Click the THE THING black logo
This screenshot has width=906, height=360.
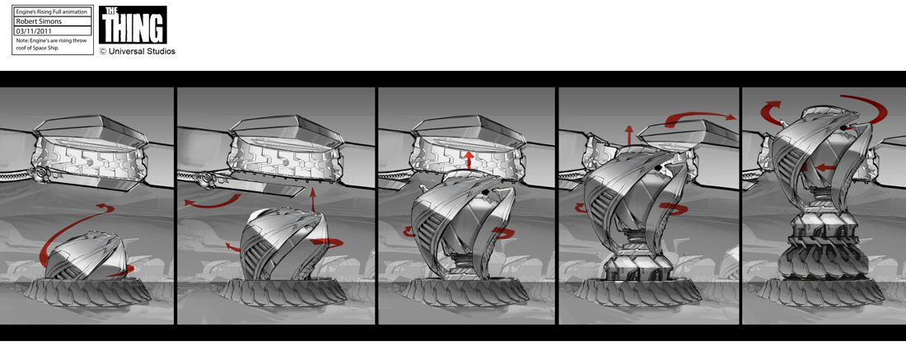[x=133, y=25]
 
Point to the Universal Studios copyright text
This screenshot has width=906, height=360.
[x=138, y=51]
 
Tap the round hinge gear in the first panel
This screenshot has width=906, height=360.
[x=40, y=175]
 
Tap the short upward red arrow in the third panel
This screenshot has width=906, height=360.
[x=467, y=160]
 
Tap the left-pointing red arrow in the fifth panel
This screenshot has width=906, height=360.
[x=826, y=168]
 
